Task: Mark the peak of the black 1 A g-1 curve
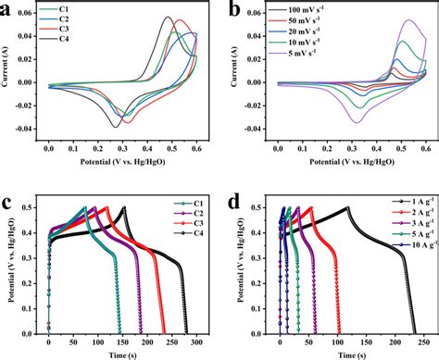[x=347, y=207]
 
